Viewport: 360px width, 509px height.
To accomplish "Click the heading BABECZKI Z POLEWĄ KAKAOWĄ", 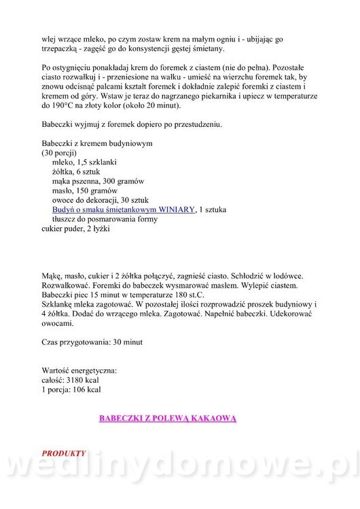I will (x=168, y=419).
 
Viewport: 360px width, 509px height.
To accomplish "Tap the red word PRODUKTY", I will (x=64, y=452).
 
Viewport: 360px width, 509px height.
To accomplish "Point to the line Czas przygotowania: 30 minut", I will (x=92, y=343).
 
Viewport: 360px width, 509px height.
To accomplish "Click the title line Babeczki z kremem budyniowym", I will (x=96, y=144).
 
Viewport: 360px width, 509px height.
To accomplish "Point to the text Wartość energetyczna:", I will (x=79, y=371).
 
